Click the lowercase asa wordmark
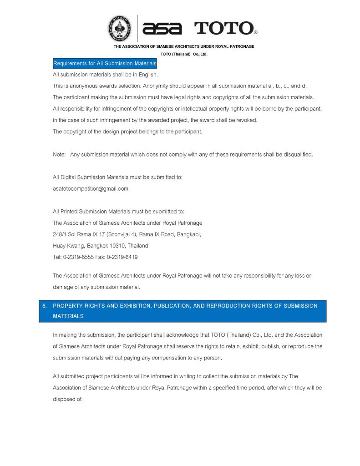pyautogui.click(x=162, y=29)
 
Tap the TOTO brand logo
pyautogui.click(x=226, y=28)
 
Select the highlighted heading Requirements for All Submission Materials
pyautogui.click(x=105, y=63)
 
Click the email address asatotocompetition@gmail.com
pyautogui.click(x=91, y=188)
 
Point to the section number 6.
pyautogui.click(x=45, y=306)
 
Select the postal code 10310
pyautogui.click(x=118, y=246)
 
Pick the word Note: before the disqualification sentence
pyautogui.click(x=59, y=154)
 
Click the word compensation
pyautogui.click(x=173, y=358)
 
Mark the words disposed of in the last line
pyautogui.click(x=68, y=399)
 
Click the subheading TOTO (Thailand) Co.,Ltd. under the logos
pyautogui.click(x=183, y=54)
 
